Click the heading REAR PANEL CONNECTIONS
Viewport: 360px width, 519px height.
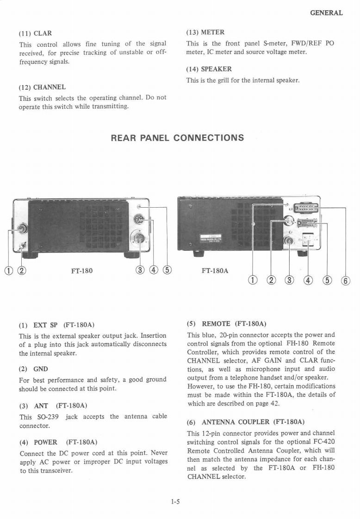pyautogui.click(x=178, y=138)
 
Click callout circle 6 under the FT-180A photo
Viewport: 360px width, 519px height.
pyautogui.click(x=346, y=280)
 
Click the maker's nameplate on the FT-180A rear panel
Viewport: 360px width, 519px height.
pyautogui.click(x=210, y=237)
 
